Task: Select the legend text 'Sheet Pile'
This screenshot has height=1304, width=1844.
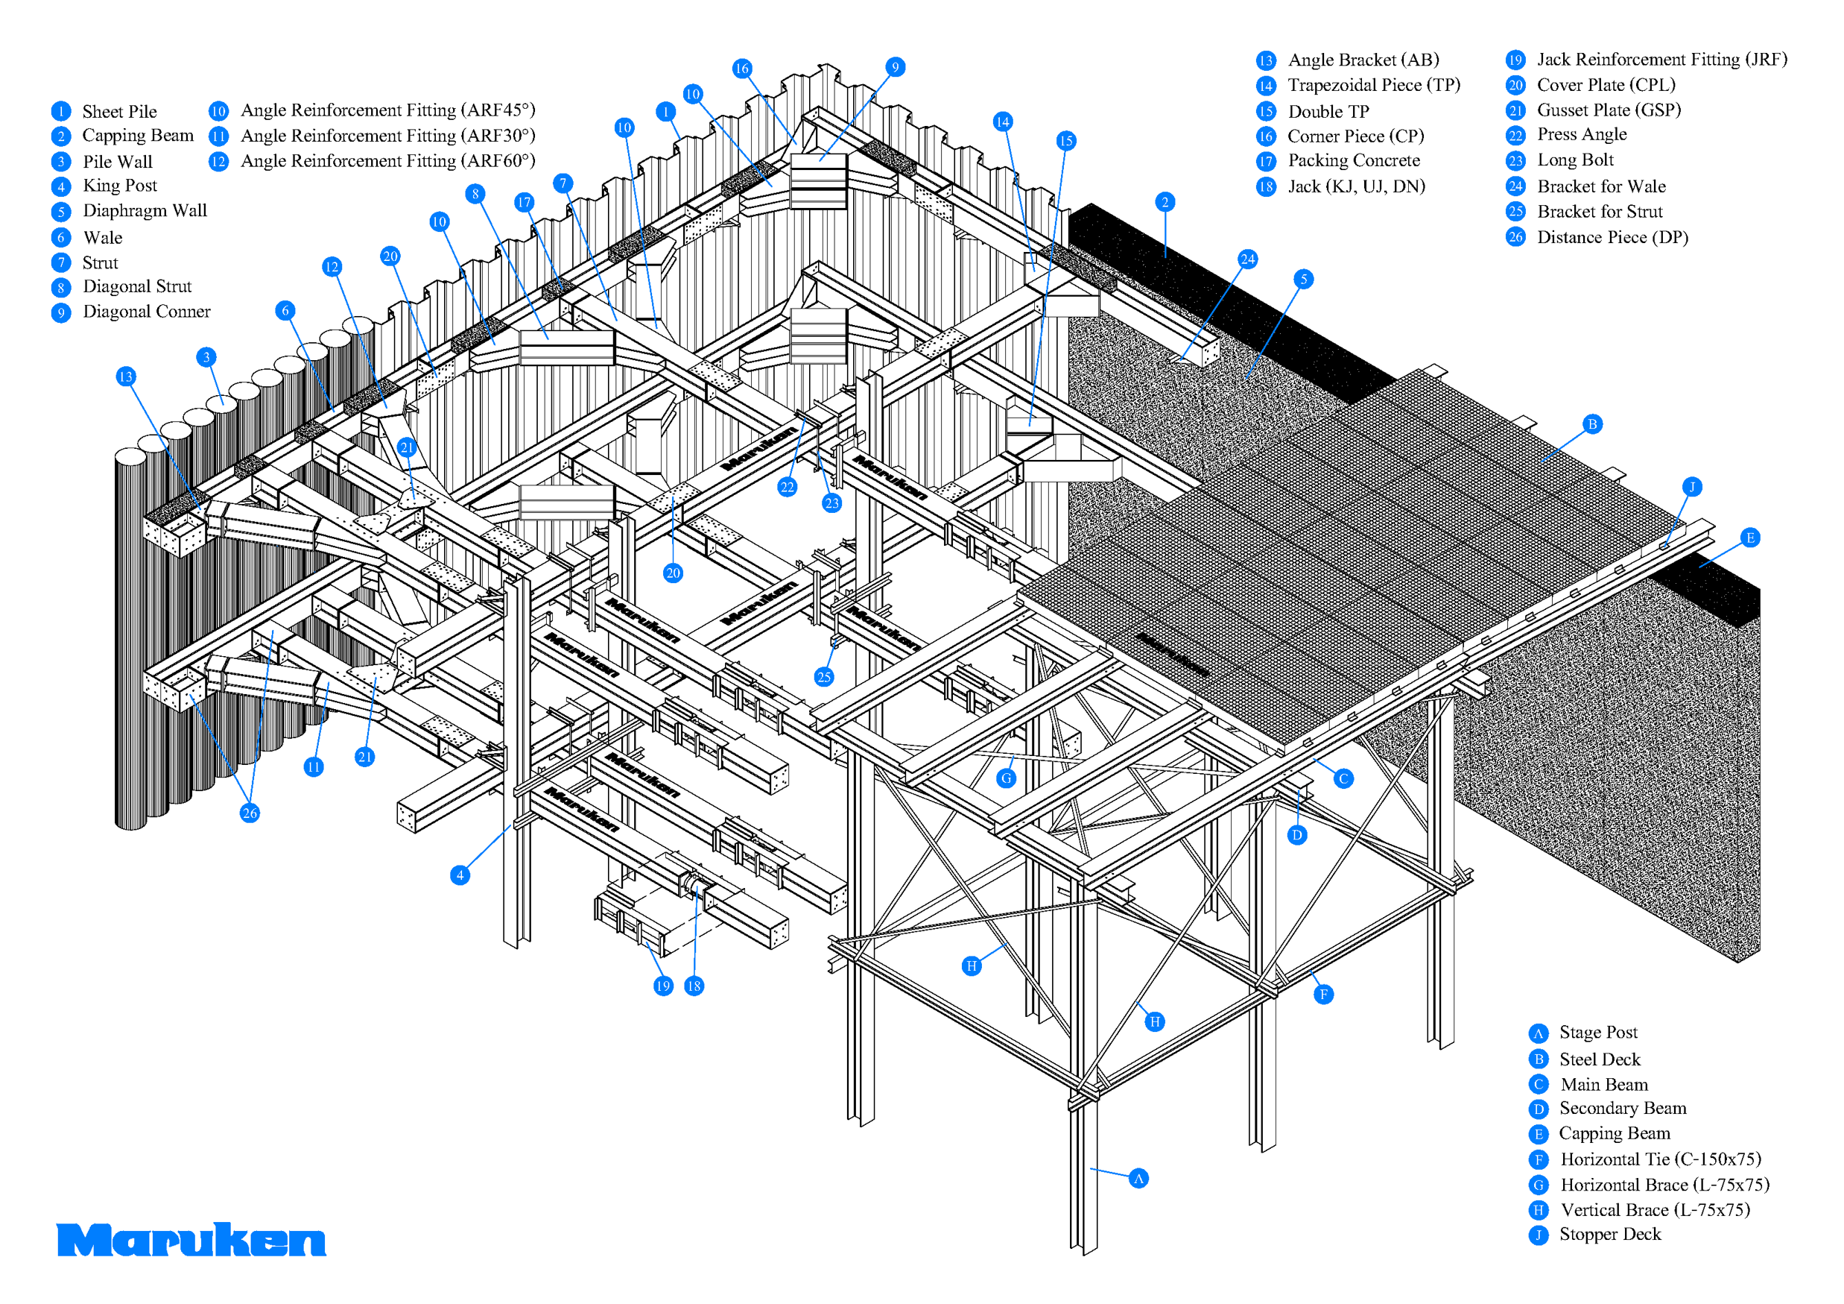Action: pyautogui.click(x=119, y=112)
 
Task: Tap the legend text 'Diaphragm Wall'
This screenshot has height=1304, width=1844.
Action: pyautogui.click(x=145, y=210)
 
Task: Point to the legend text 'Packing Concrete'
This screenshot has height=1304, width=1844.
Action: pyautogui.click(x=1353, y=161)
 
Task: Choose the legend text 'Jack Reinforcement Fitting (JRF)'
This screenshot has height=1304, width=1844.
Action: pyautogui.click(x=1661, y=60)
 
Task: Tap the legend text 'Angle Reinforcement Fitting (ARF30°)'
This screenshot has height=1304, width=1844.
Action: pyautogui.click(x=388, y=136)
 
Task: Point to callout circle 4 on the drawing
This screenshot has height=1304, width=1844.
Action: pyautogui.click(x=460, y=875)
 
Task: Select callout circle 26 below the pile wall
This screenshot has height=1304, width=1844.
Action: pyautogui.click(x=250, y=813)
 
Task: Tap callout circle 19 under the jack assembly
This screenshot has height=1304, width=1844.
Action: pyautogui.click(x=662, y=986)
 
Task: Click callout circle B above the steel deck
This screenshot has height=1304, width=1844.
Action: pyautogui.click(x=1592, y=424)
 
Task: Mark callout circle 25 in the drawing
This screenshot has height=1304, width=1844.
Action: pyautogui.click(x=824, y=676)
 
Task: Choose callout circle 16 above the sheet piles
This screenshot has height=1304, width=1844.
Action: pyautogui.click(x=741, y=69)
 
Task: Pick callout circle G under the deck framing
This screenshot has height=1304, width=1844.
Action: pyautogui.click(x=1006, y=778)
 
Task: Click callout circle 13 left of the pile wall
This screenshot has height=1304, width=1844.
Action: pyautogui.click(x=125, y=377)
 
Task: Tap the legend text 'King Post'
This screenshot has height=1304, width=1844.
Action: pyautogui.click(x=120, y=186)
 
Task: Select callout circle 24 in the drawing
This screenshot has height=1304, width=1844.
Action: pyautogui.click(x=1247, y=259)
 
